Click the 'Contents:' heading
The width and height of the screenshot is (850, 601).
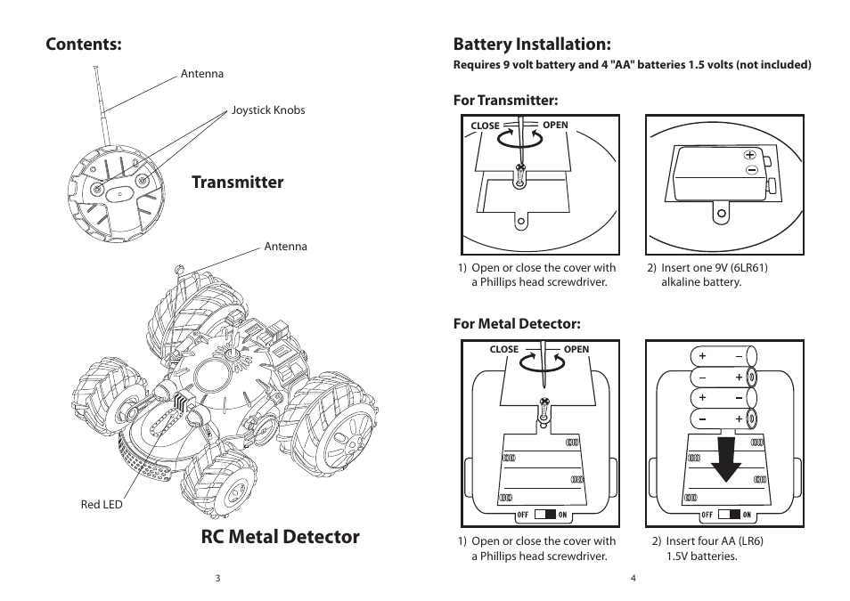click(x=84, y=44)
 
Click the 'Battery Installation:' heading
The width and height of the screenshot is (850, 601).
click(x=532, y=44)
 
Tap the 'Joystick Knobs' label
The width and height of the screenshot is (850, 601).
click(x=268, y=110)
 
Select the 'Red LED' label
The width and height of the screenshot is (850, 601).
click(x=102, y=505)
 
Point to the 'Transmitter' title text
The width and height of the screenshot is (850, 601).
click(x=237, y=182)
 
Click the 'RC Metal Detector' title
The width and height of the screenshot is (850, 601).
click(x=280, y=536)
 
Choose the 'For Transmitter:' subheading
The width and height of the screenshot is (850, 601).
click(x=505, y=100)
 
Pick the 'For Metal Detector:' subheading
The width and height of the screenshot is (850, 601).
click(x=517, y=323)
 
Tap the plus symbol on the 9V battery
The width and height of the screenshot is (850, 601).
click(x=749, y=155)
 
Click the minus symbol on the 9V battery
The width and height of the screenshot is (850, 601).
click(x=751, y=169)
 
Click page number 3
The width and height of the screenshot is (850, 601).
click(x=217, y=578)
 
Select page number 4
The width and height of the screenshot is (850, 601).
click(x=633, y=578)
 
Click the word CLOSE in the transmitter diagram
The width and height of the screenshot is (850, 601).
click(x=485, y=126)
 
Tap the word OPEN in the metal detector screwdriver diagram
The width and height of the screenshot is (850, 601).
click(x=576, y=349)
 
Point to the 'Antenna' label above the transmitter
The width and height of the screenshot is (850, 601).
click(x=202, y=74)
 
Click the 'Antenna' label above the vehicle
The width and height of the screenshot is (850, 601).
click(x=285, y=247)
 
